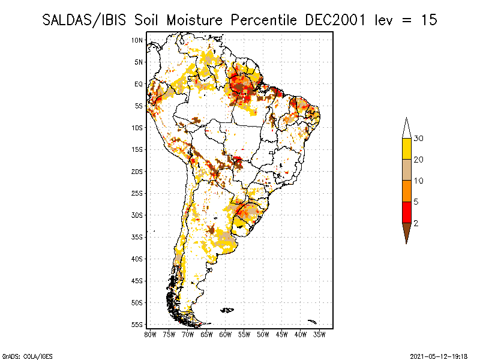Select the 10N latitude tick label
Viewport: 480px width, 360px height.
point(137,40)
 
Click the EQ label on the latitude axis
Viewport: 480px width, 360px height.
point(139,84)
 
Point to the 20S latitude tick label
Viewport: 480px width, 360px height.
point(137,172)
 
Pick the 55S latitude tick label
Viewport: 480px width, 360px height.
point(137,325)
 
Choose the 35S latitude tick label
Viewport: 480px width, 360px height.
point(137,237)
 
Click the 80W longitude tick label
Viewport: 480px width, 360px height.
point(150,334)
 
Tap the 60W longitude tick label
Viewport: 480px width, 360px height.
point(226,334)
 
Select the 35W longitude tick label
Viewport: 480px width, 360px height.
point(320,334)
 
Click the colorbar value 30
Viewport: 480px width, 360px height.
point(419,139)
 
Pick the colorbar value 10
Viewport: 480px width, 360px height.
point(419,181)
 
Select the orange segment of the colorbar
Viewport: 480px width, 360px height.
point(406,191)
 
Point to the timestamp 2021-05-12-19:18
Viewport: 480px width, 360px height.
point(439,355)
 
